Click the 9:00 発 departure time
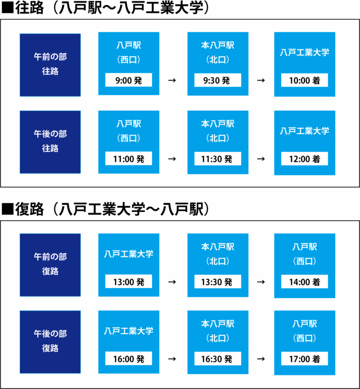[128, 80]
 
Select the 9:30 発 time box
[217, 80]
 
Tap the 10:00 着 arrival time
[304, 80]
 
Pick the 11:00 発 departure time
[128, 158]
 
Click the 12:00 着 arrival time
[304, 158]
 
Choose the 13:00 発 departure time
[128, 281]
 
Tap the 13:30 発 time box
[217, 281]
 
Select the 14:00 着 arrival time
[304, 281]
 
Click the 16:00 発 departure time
[128, 358]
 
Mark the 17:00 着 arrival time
[304, 359]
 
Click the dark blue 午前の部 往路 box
[50, 65]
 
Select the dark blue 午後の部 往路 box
[50, 142]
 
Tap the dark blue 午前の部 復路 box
[50, 265]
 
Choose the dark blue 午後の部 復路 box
[50, 342]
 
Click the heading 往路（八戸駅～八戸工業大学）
[105, 8]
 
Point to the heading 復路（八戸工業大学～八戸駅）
[105, 209]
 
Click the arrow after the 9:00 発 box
[172, 80]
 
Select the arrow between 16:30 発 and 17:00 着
[261, 359]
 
